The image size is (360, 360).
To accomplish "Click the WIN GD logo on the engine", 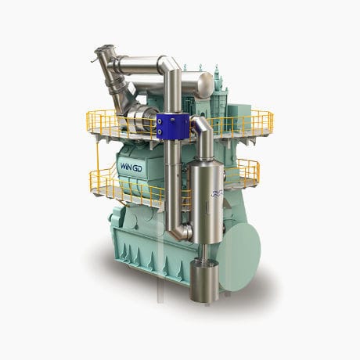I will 135,166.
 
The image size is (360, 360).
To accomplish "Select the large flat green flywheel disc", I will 241,243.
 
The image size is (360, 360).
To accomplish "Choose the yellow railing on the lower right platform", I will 246,171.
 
